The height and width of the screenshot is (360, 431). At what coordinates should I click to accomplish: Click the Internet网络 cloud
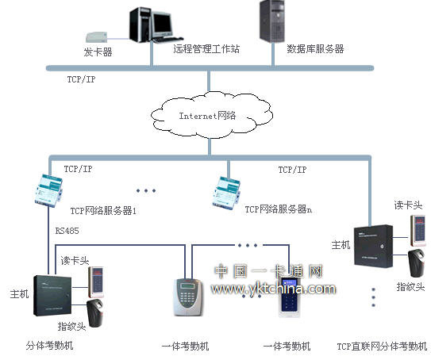(x=207, y=116)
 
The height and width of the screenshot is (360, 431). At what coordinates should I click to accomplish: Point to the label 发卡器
(x=98, y=52)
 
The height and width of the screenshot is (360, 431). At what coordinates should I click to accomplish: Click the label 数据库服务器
(x=315, y=49)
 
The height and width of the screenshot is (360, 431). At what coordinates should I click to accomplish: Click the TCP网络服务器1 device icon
(x=40, y=190)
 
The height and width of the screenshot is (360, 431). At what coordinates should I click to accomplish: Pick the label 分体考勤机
(x=54, y=346)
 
